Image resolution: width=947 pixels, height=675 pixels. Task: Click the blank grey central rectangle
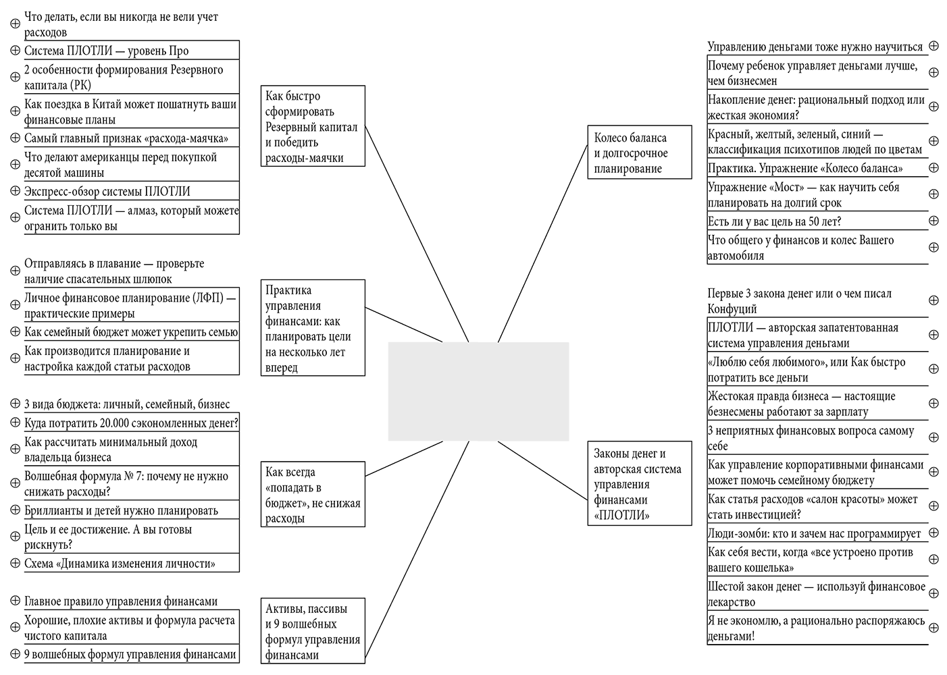[x=478, y=391]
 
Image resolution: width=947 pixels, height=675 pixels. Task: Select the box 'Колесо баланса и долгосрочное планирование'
[x=640, y=153]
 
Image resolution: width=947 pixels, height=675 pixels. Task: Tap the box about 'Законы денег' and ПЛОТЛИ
[x=640, y=483]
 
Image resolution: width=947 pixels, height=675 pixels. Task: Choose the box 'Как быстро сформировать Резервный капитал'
[x=313, y=126]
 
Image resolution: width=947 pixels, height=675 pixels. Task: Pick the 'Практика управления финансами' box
[x=313, y=328]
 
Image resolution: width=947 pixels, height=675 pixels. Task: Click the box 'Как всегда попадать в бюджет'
[x=313, y=494]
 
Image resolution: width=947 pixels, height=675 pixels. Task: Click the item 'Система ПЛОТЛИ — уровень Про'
[x=107, y=51]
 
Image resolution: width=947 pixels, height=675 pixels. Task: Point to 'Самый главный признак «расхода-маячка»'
[x=126, y=138]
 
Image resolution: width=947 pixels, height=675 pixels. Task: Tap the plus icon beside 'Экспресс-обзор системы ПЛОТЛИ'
[x=16, y=191]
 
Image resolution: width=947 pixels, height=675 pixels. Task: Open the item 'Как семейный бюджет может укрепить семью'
[x=131, y=331]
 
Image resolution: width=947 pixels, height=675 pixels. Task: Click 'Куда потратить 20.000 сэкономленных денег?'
[x=131, y=423]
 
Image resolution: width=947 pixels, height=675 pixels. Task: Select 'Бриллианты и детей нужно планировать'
[x=122, y=510]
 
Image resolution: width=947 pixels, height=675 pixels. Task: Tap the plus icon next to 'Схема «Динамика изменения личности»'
[x=16, y=563]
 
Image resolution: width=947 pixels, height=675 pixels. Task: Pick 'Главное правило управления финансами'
[x=122, y=601]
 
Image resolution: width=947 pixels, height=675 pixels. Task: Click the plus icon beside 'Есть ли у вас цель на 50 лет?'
[x=933, y=221]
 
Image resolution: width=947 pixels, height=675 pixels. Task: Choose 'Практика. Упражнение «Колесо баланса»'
[x=805, y=168]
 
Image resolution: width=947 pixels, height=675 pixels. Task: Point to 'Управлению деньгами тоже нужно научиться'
[x=815, y=47]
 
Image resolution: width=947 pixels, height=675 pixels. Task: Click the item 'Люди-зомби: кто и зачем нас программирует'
[x=814, y=533]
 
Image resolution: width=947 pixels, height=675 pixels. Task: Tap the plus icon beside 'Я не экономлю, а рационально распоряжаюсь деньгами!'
[x=933, y=628]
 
